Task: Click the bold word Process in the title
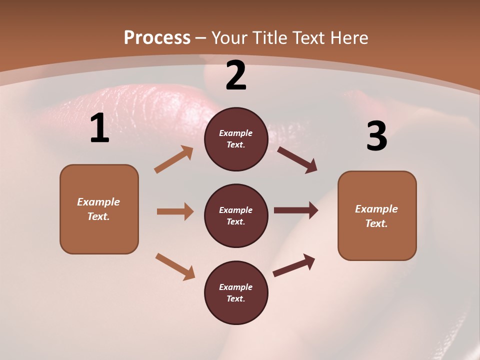pyautogui.click(x=157, y=38)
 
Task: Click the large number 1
pyautogui.click(x=99, y=128)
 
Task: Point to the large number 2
pyautogui.click(x=236, y=76)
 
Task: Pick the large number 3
pyautogui.click(x=376, y=136)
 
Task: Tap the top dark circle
pyautogui.click(x=236, y=139)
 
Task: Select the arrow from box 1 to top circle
pyautogui.click(x=173, y=159)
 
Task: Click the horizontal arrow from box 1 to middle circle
pyautogui.click(x=175, y=211)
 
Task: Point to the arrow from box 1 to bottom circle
pyautogui.click(x=175, y=266)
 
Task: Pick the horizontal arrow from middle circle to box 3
pyautogui.click(x=296, y=210)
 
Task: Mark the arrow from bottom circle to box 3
pyautogui.click(x=294, y=265)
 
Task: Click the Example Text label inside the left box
pyautogui.click(x=98, y=209)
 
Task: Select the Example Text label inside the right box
pyautogui.click(x=376, y=216)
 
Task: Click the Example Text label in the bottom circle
pyautogui.click(x=236, y=293)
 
